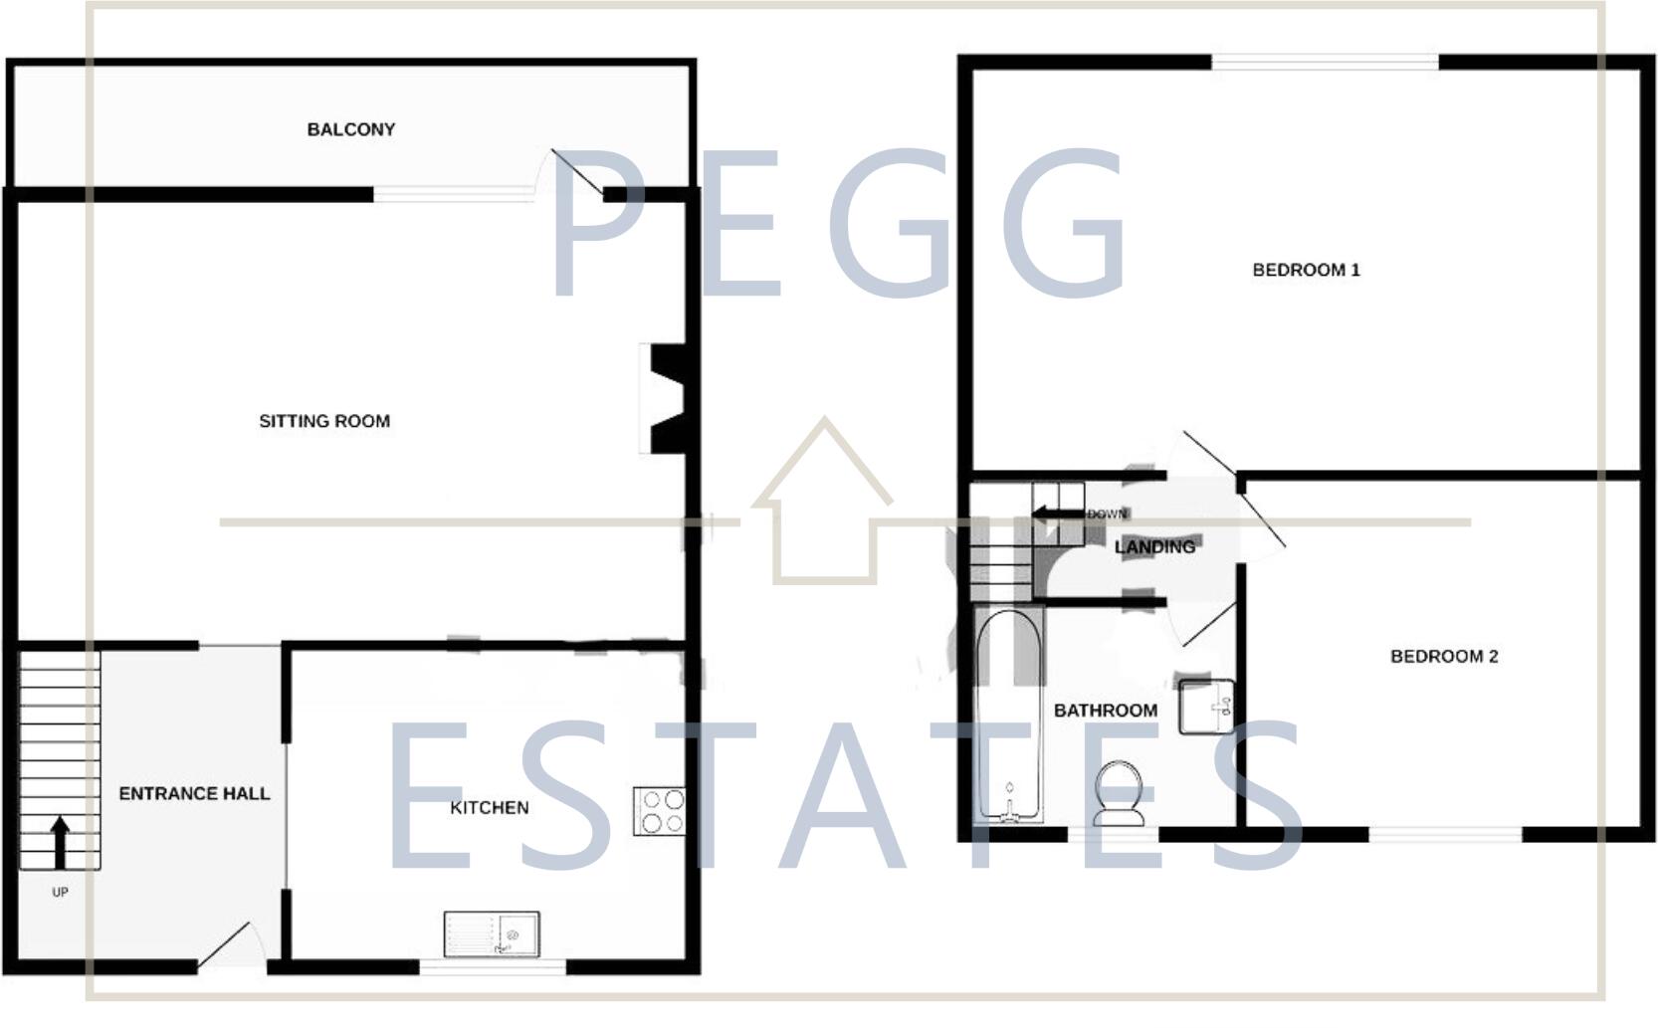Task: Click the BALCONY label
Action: [350, 129]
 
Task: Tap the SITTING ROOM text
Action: [324, 421]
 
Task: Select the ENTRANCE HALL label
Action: [194, 793]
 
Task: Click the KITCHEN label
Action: [489, 807]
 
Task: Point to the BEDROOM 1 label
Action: [1306, 270]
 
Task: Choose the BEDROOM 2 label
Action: [1443, 656]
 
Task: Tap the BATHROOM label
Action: [1105, 711]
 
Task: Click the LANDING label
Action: [1154, 547]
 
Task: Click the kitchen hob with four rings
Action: [659, 811]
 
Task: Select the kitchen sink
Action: [492, 933]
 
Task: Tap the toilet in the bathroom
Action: [1120, 793]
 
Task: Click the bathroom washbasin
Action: [1206, 706]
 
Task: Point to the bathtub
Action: [1009, 717]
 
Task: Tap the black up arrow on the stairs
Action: [60, 842]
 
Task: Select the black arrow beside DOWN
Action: [1057, 514]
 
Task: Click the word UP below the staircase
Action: [60, 893]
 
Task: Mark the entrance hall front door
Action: [227, 945]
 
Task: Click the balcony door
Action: [575, 174]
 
